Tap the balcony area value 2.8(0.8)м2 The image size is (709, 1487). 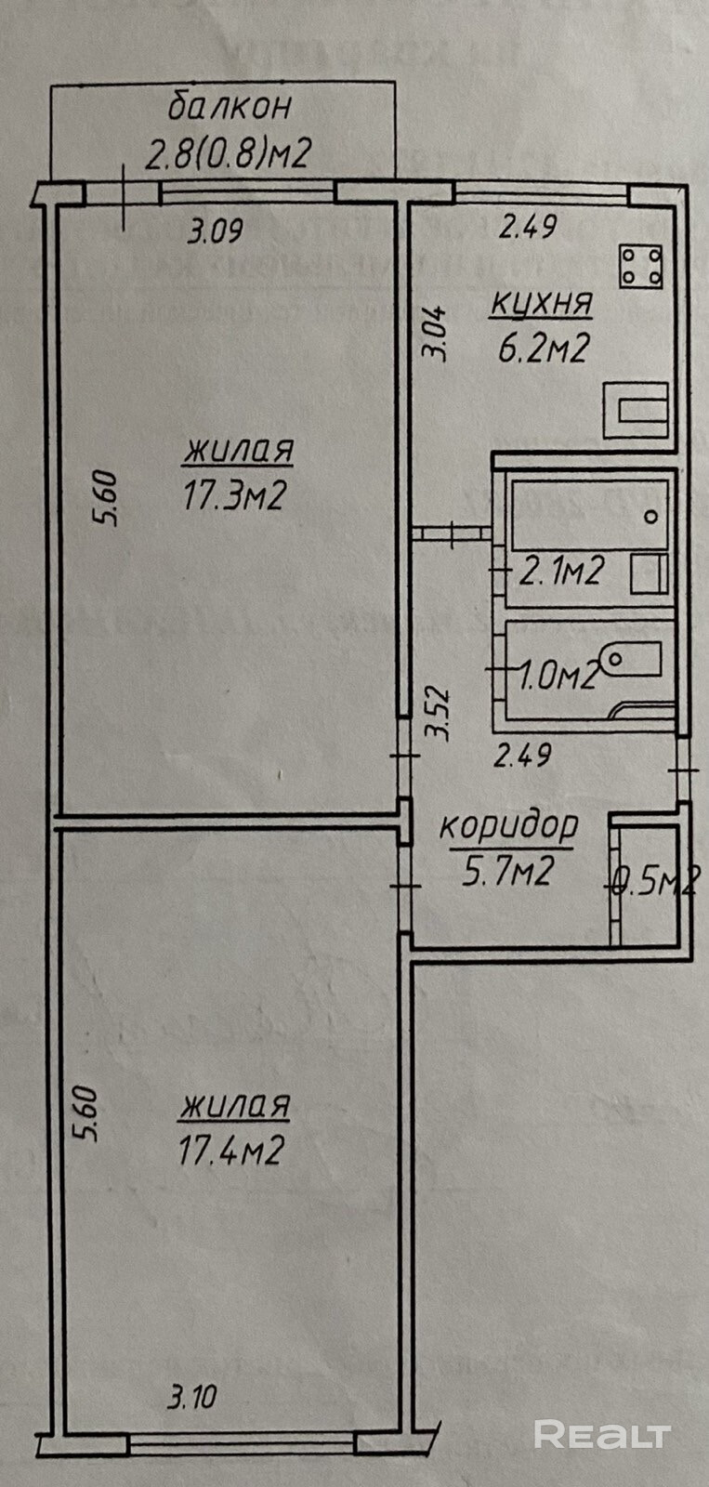click(x=229, y=151)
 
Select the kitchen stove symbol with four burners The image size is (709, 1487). click(x=641, y=265)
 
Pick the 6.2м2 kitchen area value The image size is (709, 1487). click(x=544, y=349)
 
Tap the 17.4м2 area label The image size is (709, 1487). click(x=230, y=1152)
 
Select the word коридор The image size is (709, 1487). click(x=508, y=824)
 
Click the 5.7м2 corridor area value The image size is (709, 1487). click(x=508, y=871)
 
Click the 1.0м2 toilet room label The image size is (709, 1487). click(x=558, y=676)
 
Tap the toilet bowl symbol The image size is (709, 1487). click(x=632, y=659)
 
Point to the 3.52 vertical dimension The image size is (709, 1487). click(x=438, y=713)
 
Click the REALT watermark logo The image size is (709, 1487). click(x=602, y=1434)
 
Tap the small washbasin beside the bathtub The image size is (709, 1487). click(x=648, y=573)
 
